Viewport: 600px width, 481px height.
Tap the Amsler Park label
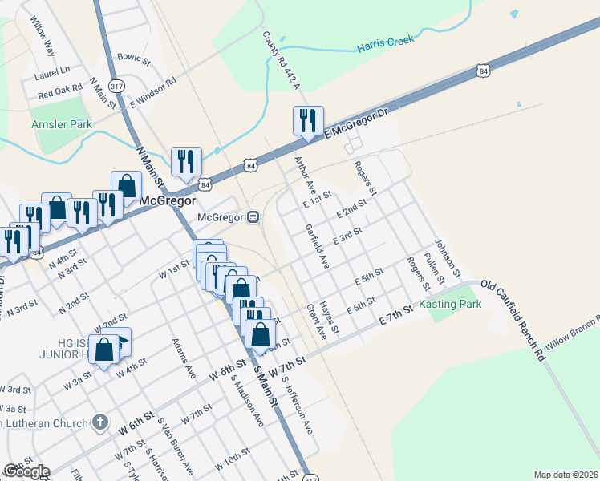pyautogui.click(x=61, y=125)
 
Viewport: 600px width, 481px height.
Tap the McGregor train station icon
pyautogui.click(x=252, y=216)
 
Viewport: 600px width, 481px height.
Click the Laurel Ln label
pyautogui.click(x=53, y=72)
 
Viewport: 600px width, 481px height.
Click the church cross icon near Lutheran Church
pyautogui.click(x=99, y=421)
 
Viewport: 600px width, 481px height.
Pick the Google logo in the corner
pyautogui.click(x=26, y=471)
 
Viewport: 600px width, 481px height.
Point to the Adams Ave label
pyautogui.click(x=184, y=358)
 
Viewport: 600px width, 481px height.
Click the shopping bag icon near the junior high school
pyautogui.click(x=104, y=350)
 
